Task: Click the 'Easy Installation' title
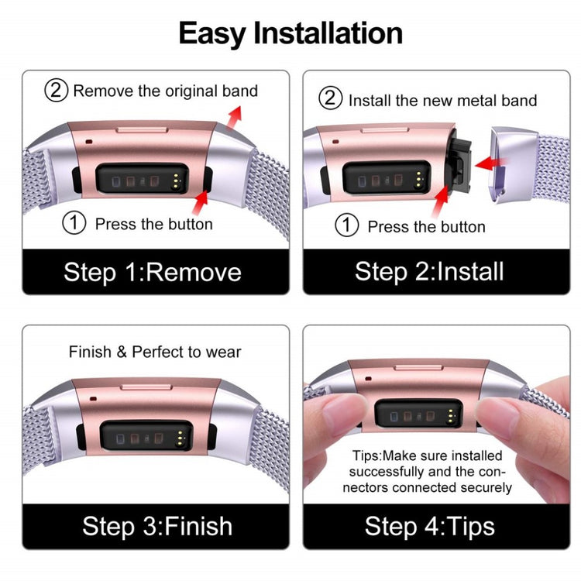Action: pyautogui.click(x=290, y=34)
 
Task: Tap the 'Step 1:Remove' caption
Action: pyautogui.click(x=153, y=273)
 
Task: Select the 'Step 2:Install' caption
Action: pyautogui.click(x=429, y=272)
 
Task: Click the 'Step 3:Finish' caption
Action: pyautogui.click(x=157, y=526)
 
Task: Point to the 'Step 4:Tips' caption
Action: pyautogui.click(x=430, y=527)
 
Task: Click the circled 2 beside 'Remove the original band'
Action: pyautogui.click(x=57, y=90)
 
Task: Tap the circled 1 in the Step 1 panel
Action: pyautogui.click(x=74, y=222)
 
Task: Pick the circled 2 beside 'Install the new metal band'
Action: pyautogui.click(x=331, y=98)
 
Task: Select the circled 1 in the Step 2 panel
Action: pyautogui.click(x=347, y=225)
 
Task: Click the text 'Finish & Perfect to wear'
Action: pyautogui.click(x=155, y=352)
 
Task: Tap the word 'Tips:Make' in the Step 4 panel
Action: pyautogui.click(x=378, y=456)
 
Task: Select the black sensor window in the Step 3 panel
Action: pyautogui.click(x=146, y=436)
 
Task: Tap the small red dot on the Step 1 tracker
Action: pyautogui.click(x=89, y=142)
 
